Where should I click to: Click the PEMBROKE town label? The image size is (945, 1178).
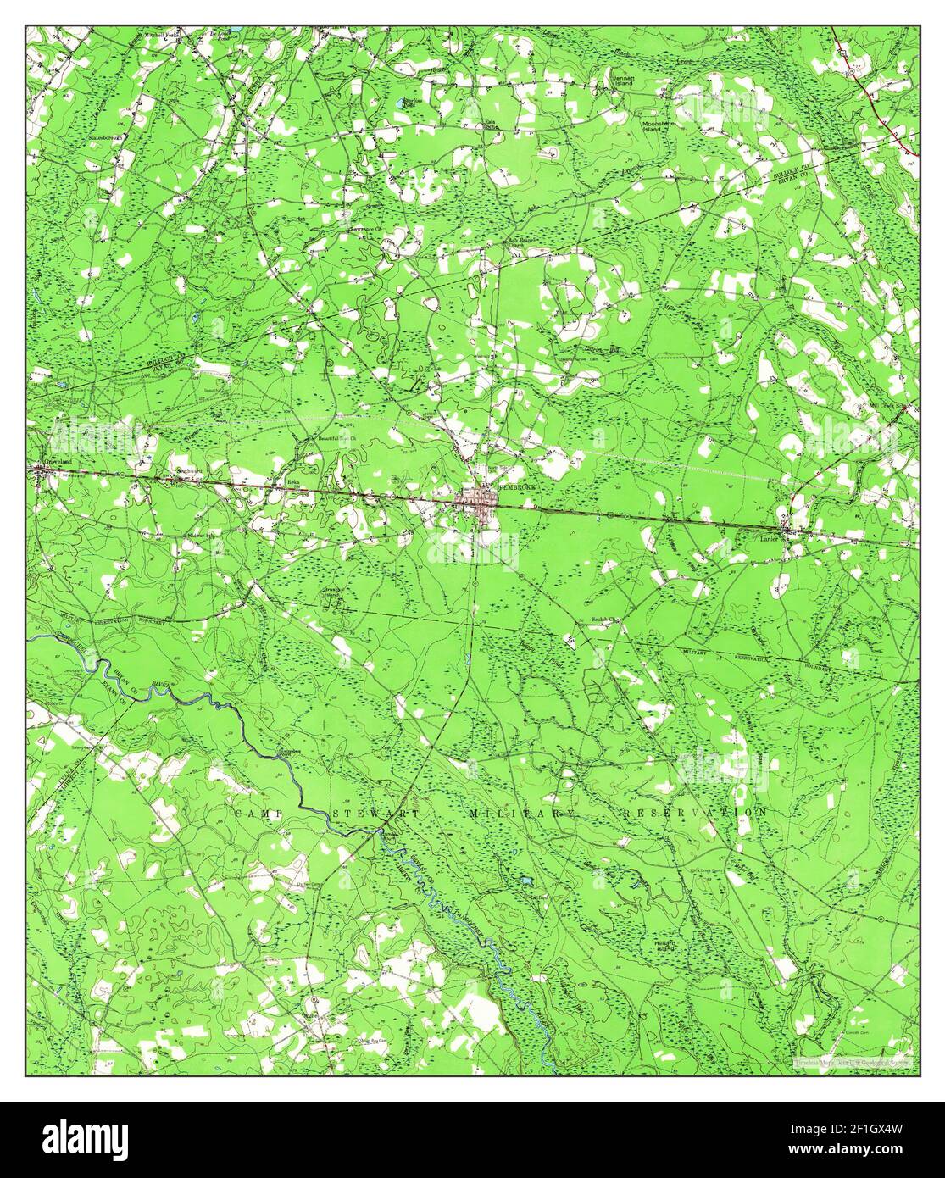point(507,489)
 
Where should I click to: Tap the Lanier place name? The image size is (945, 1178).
point(769,536)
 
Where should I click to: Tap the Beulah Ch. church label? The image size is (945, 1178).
point(606,620)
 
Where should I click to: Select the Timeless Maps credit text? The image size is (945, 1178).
point(853,1062)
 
